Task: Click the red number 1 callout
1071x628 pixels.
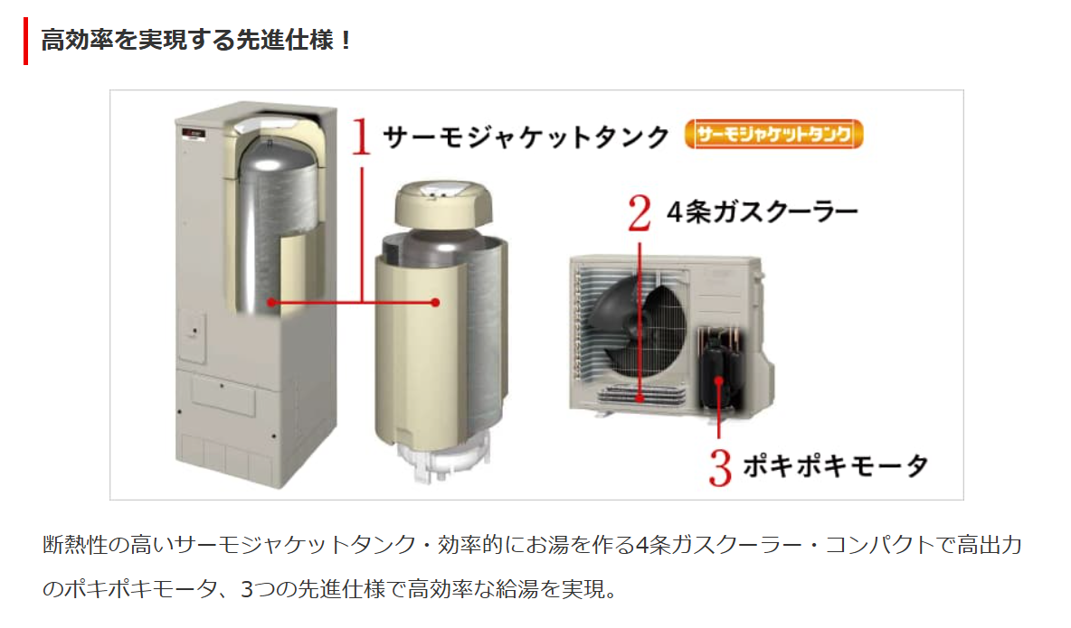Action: (x=361, y=136)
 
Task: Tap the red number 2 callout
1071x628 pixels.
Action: (x=640, y=213)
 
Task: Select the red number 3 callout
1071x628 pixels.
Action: (x=720, y=467)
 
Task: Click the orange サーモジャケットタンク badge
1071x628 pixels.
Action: (x=774, y=134)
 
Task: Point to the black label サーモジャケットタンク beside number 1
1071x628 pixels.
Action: (x=526, y=137)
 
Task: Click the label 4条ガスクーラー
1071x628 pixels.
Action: (x=763, y=212)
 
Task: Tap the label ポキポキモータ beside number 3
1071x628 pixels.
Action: (x=835, y=466)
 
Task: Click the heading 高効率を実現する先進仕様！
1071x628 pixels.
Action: (x=196, y=40)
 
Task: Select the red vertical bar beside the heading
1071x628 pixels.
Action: (x=26, y=41)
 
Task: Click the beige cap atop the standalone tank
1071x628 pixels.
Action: (x=443, y=205)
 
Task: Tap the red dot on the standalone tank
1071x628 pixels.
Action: (x=436, y=303)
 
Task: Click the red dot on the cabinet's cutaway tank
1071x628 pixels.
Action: (x=272, y=302)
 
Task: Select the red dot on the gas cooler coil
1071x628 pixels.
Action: (x=640, y=398)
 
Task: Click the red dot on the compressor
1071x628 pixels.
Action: (x=718, y=381)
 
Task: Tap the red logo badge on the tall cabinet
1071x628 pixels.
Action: (x=194, y=133)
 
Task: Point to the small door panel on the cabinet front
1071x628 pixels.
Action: (x=191, y=336)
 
